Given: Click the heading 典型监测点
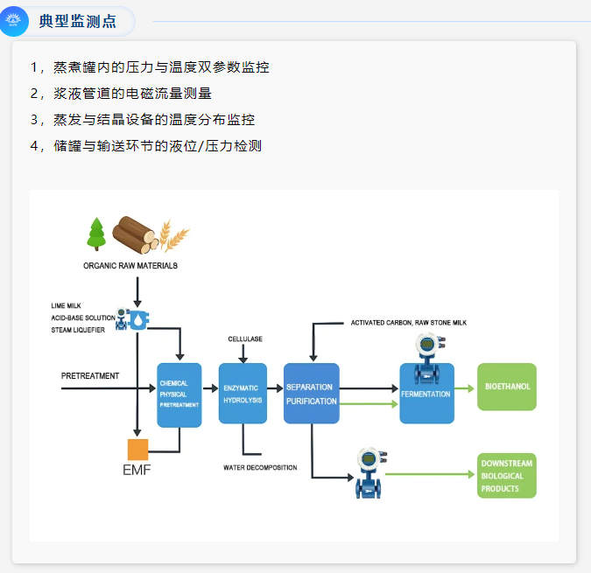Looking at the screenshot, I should (x=77, y=21).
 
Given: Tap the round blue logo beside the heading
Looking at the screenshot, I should (x=13, y=21).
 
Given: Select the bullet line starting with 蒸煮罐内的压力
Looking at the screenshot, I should (x=149, y=67).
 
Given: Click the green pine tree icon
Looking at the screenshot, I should (x=95, y=234).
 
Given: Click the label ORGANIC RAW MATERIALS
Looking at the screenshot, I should (x=130, y=265).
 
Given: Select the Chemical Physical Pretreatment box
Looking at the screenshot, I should (x=179, y=395).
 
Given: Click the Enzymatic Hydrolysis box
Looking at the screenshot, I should (x=243, y=393).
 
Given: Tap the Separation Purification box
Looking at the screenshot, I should (x=311, y=393).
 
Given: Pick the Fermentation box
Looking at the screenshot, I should (x=426, y=395).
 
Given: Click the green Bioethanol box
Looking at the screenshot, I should (x=507, y=387).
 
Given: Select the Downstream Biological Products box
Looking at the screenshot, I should (x=507, y=476).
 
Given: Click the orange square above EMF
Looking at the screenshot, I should (x=138, y=450).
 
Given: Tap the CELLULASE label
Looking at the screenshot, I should (x=245, y=339).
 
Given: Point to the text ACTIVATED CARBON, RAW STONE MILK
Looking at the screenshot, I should (x=409, y=323).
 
